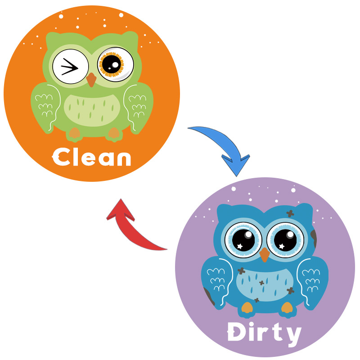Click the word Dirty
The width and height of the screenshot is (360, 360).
point(264,333)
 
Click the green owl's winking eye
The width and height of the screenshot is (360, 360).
point(70,67)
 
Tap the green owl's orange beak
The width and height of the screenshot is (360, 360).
point(91,79)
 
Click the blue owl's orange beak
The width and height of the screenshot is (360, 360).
point(265,254)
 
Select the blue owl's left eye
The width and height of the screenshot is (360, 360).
point(243,238)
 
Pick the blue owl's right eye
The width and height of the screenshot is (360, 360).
point(285,238)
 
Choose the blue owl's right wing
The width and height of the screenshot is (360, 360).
point(312,281)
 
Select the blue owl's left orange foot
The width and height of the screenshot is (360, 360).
point(246,308)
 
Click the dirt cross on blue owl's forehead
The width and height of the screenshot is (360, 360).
point(290,213)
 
